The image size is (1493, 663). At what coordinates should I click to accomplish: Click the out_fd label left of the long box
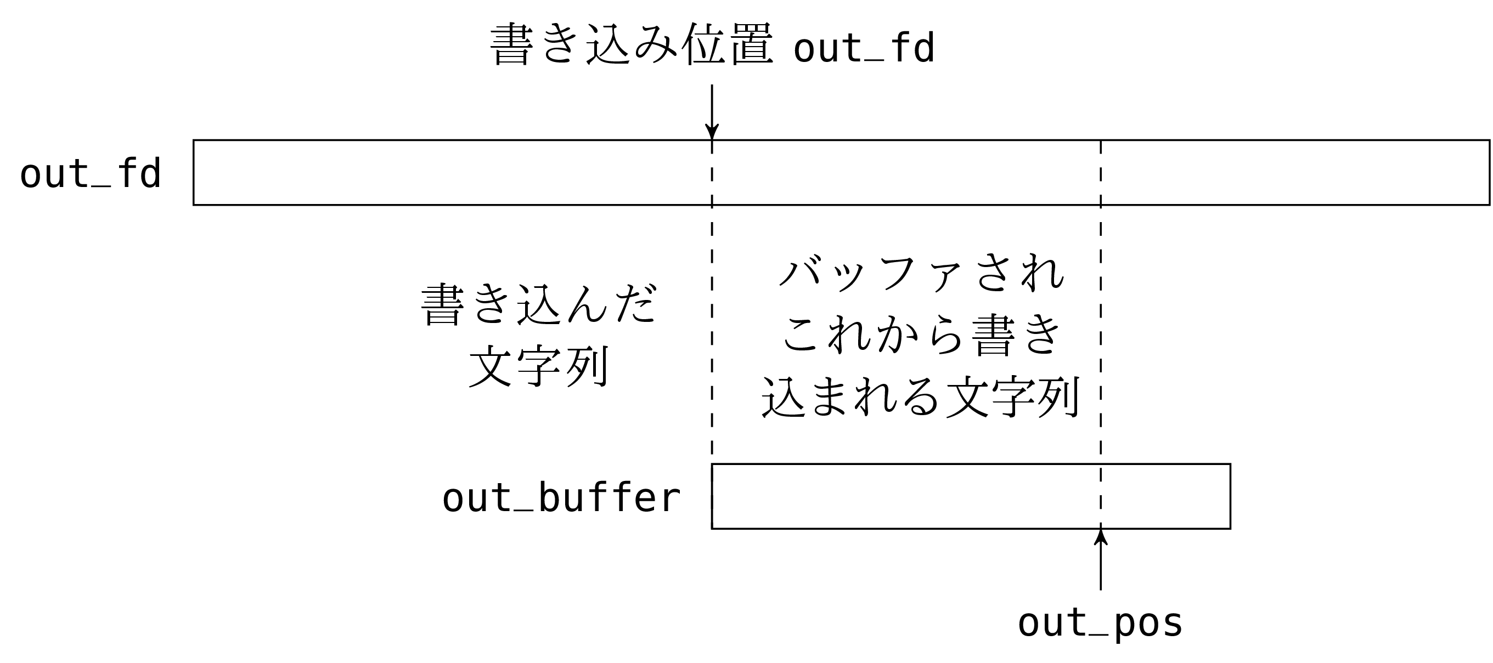click(x=91, y=174)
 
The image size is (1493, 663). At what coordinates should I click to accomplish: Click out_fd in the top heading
click(x=864, y=48)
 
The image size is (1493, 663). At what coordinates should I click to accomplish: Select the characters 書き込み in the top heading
click(x=583, y=45)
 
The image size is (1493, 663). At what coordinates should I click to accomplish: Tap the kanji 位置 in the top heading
click(x=727, y=45)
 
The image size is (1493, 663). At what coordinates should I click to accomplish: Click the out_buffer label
click(x=561, y=498)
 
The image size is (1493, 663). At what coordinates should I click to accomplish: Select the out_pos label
click(x=1100, y=624)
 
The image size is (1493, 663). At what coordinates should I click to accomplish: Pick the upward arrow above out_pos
click(x=1101, y=559)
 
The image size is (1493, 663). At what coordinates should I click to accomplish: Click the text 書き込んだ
click(x=539, y=304)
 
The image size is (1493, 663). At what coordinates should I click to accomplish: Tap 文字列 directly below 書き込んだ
click(x=539, y=366)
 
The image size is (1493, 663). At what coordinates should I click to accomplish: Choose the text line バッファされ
click(x=921, y=274)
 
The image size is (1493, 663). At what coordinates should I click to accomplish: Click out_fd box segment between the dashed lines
click(x=906, y=173)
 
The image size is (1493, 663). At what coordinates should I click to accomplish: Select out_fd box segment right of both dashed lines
click(x=1295, y=173)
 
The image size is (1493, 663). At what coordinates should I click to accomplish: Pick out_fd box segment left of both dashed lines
click(x=452, y=173)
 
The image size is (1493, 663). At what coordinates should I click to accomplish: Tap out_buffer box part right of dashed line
click(x=1165, y=496)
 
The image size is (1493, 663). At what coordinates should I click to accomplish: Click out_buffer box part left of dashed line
click(x=906, y=496)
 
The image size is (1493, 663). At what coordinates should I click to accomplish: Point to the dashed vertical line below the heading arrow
click(x=712, y=324)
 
